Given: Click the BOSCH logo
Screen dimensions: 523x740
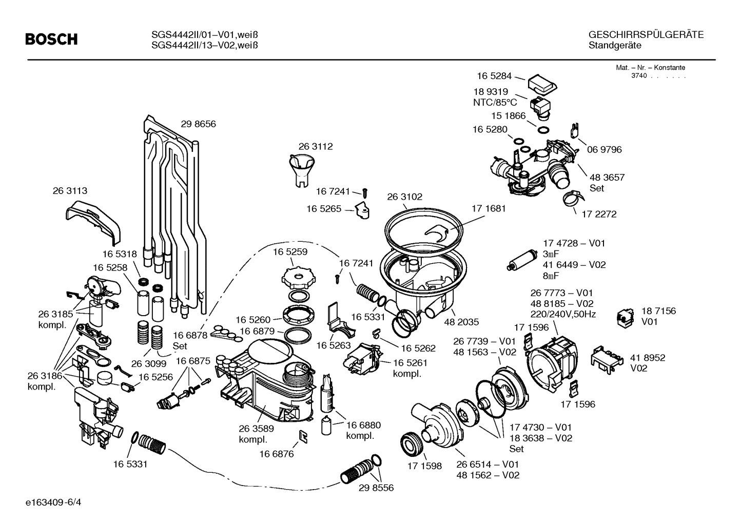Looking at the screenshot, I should pyautogui.click(x=51, y=39).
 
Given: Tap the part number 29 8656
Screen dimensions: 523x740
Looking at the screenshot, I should pyautogui.click(x=198, y=124).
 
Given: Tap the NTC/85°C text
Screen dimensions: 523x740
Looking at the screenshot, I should pyautogui.click(x=495, y=103).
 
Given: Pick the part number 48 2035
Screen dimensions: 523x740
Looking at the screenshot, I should pyautogui.click(x=461, y=322).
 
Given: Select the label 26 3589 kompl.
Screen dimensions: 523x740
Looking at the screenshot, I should pyautogui.click(x=256, y=434).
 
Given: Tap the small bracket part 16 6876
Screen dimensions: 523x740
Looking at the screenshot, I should pyautogui.click(x=303, y=436).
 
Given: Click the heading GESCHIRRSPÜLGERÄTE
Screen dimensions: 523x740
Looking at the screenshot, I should pyautogui.click(x=646, y=35).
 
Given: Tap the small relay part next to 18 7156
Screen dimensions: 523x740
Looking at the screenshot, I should pyautogui.click(x=625, y=318).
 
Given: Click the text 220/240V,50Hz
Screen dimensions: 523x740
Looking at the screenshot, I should pyautogui.click(x=563, y=315).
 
